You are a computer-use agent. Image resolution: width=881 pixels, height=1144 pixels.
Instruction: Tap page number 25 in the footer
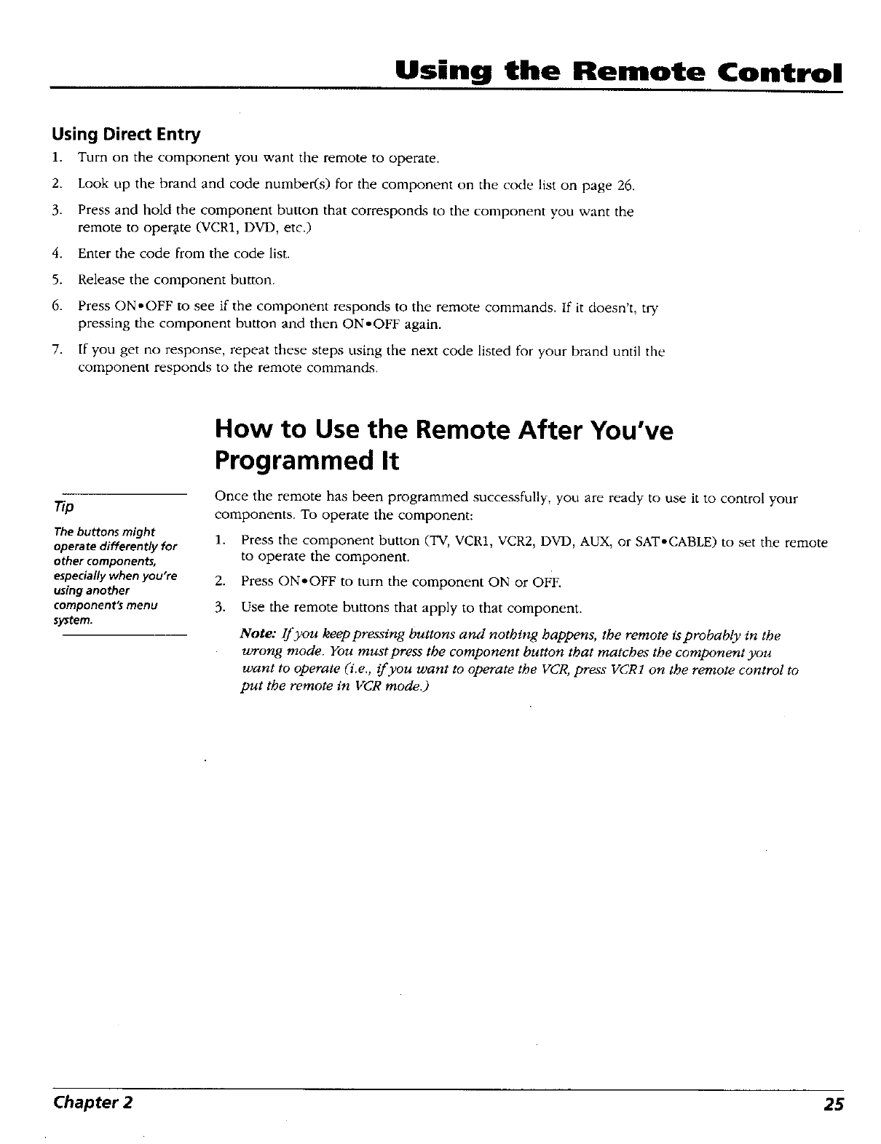pyautogui.click(x=834, y=1104)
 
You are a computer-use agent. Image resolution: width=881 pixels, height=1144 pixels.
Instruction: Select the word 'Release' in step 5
pyautogui.click(x=100, y=279)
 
